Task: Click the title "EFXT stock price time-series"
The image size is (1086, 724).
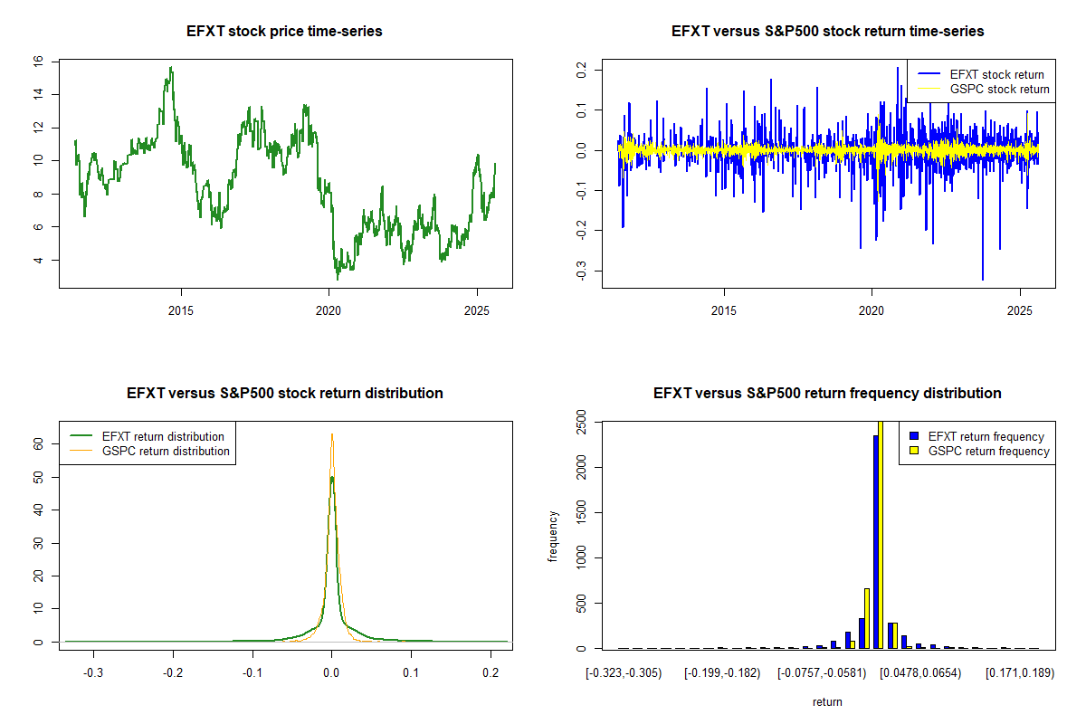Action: (x=285, y=32)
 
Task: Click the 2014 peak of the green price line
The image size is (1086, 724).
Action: (x=171, y=68)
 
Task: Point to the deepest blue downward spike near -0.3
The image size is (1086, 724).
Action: (x=982, y=278)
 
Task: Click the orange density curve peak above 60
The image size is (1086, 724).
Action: (x=332, y=435)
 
